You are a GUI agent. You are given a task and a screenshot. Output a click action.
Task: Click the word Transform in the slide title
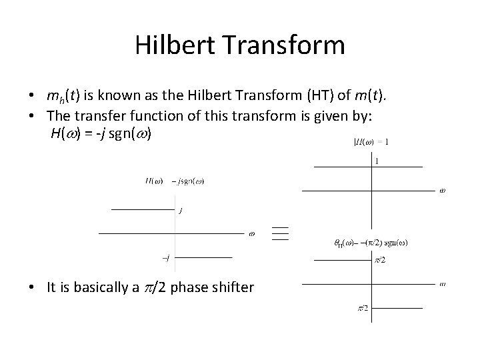[286, 45]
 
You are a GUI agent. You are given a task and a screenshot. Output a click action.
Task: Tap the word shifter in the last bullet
[231, 288]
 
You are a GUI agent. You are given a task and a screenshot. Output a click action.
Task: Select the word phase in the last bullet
[191, 288]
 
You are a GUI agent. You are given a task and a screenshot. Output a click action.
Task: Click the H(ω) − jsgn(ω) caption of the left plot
[175, 181]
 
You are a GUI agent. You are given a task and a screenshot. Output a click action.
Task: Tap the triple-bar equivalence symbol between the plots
[280, 233]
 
